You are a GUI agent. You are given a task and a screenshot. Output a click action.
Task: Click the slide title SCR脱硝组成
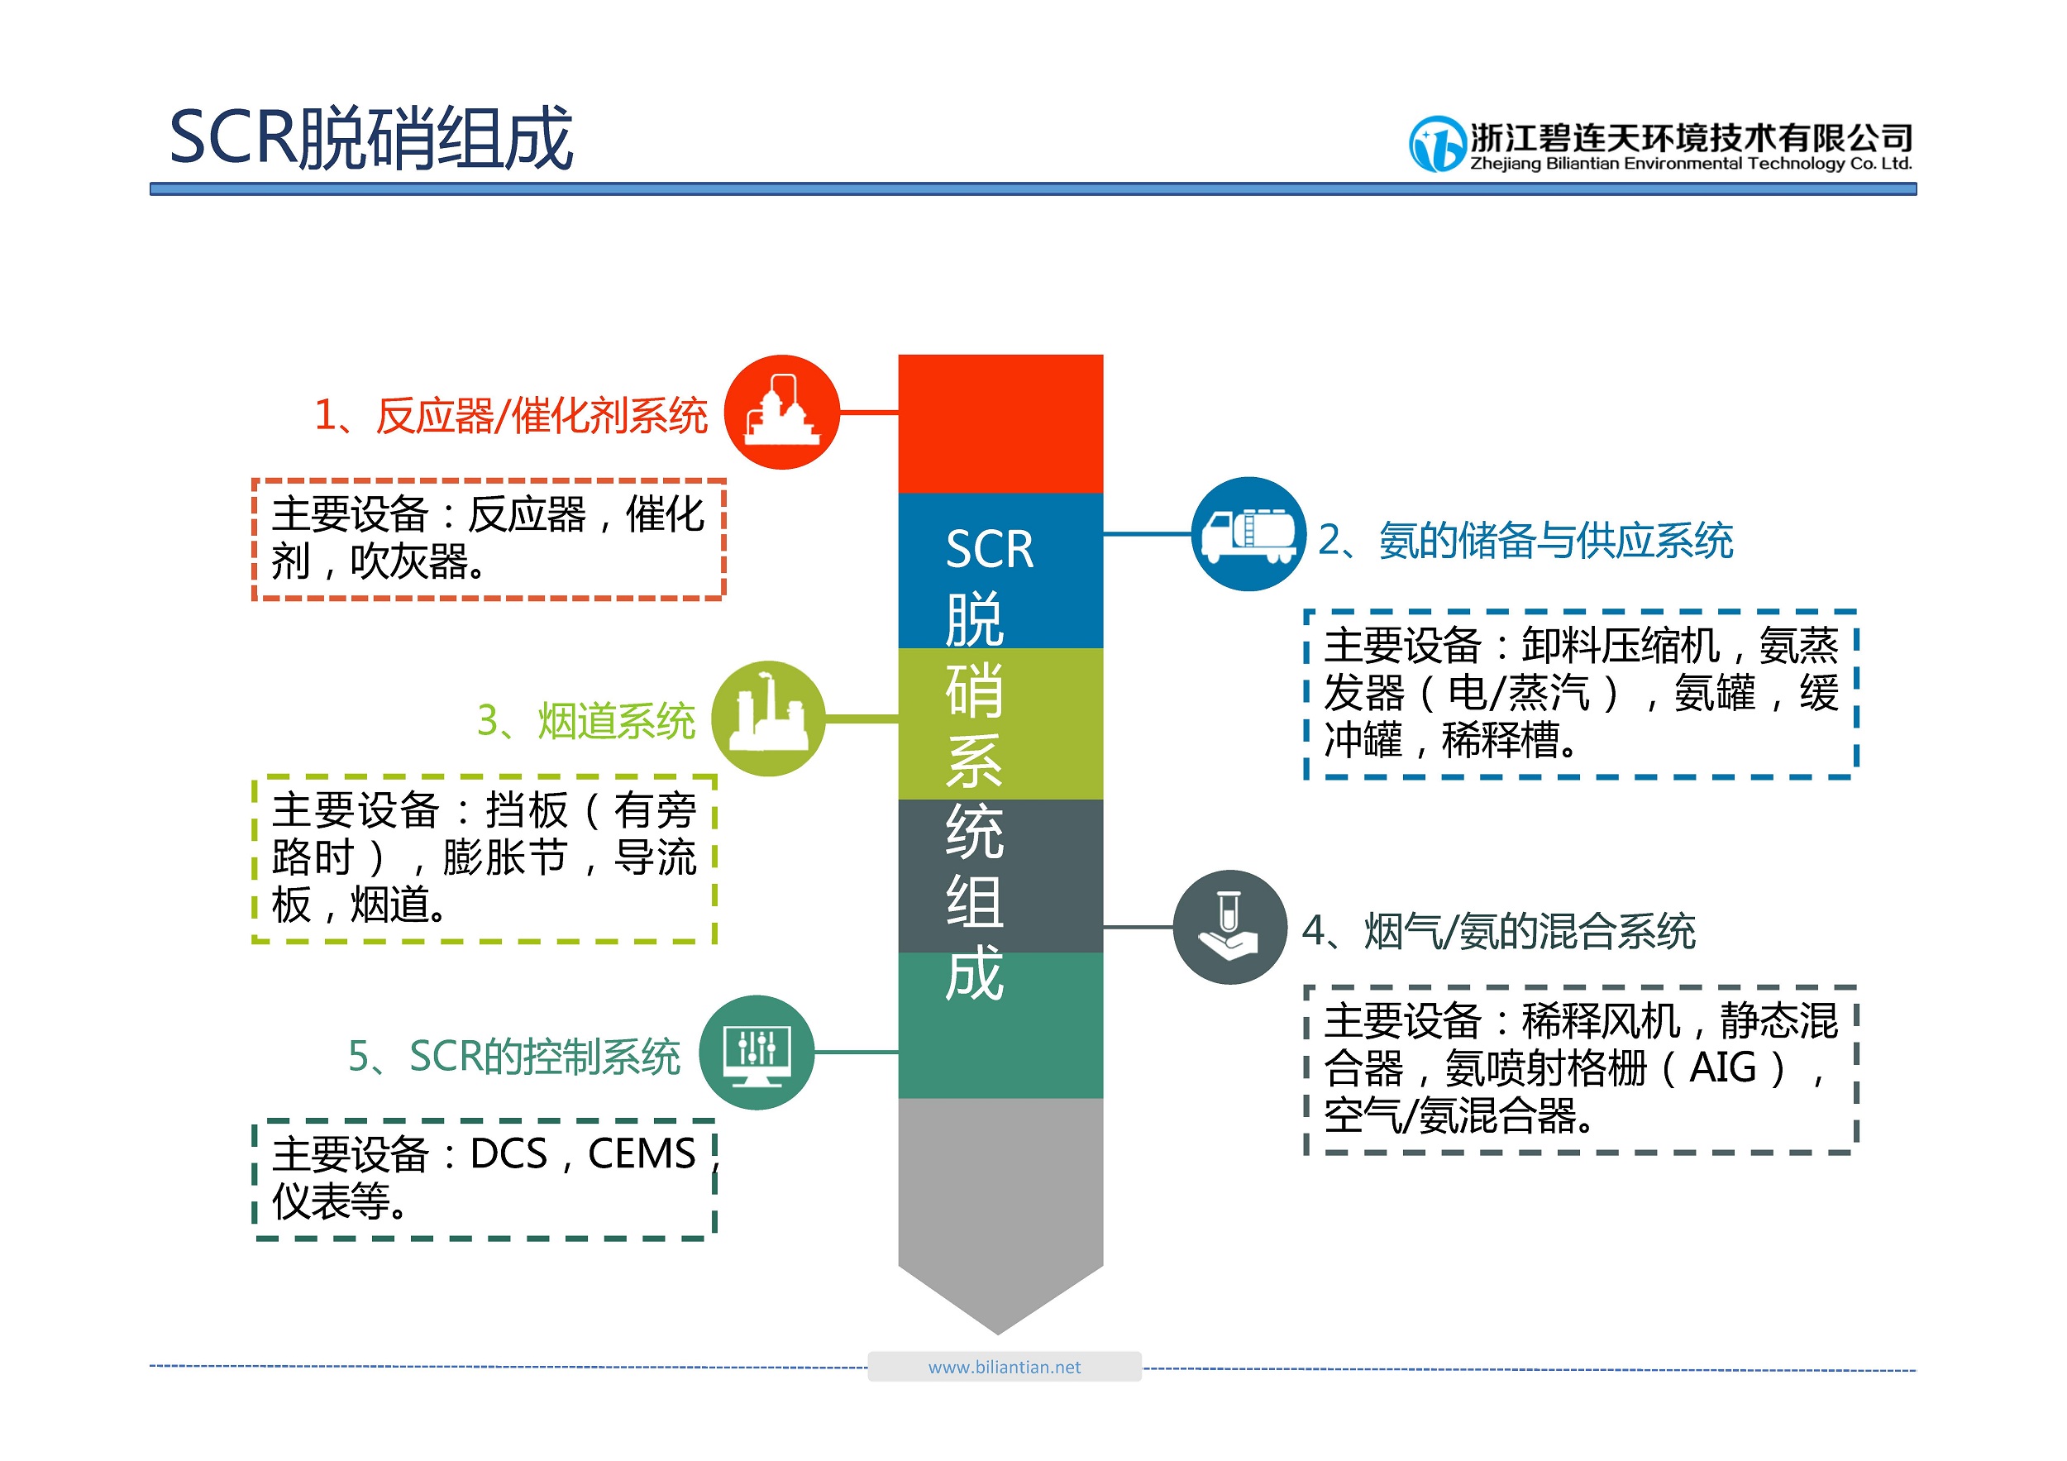coord(371,138)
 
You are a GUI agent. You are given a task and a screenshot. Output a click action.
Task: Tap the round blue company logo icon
coord(1438,144)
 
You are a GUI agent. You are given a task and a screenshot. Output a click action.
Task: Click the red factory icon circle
coord(782,413)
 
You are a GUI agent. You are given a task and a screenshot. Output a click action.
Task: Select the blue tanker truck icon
coord(1248,534)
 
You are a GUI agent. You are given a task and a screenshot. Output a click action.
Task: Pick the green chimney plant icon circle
coord(768,719)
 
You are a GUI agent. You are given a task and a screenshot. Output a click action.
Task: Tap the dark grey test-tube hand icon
coord(1230,926)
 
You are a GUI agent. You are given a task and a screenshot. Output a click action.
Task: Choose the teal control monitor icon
coord(757,1053)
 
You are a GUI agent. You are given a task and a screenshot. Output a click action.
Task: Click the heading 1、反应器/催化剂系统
coord(510,416)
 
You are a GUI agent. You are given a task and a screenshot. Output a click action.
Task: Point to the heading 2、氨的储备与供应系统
coord(1526,540)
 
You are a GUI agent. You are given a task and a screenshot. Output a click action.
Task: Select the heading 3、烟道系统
coord(586,721)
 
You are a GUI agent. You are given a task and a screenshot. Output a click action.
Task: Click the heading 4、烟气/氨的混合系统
coord(1499,931)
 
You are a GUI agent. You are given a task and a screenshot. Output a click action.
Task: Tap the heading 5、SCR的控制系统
coord(514,1056)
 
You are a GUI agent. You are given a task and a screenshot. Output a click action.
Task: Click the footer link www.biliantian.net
coord(1005,1367)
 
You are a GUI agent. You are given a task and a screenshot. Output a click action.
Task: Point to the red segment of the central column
coord(1000,423)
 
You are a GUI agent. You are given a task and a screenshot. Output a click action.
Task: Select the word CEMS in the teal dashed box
coord(642,1153)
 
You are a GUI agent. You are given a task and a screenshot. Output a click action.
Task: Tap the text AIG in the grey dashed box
coord(1722,1067)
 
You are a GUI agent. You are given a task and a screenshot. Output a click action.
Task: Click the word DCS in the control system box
coord(508,1153)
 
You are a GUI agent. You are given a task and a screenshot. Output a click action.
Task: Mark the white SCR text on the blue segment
coord(990,549)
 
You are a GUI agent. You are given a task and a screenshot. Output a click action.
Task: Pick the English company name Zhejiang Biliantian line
coord(1691,163)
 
